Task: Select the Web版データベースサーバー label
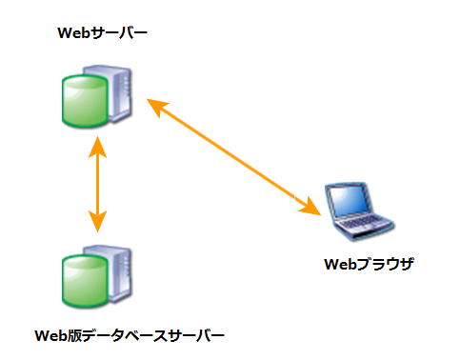[x=130, y=335]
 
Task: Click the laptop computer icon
[x=355, y=210]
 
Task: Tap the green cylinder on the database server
[x=81, y=285]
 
